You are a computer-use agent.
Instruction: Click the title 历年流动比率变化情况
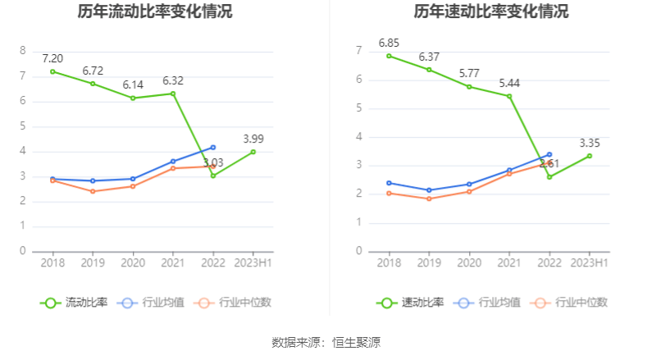click(155, 12)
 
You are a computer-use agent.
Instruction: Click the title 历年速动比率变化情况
click(490, 12)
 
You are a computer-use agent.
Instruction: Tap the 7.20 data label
click(52, 57)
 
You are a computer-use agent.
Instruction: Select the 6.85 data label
click(389, 43)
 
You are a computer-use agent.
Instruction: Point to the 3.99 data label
click(253, 139)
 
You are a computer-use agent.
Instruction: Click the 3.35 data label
click(590, 143)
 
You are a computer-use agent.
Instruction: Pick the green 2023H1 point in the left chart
click(253, 152)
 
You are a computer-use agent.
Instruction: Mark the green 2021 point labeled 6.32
click(173, 93)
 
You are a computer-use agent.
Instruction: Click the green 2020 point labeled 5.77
click(469, 86)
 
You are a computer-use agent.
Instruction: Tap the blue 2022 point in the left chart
click(213, 148)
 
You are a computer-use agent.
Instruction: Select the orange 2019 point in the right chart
click(429, 198)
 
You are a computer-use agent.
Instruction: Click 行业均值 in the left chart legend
click(151, 303)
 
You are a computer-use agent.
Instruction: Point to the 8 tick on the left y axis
click(23, 51)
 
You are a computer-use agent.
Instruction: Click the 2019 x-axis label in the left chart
click(93, 263)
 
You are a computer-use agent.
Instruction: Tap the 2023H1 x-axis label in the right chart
click(590, 263)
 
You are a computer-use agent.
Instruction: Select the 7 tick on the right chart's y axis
click(359, 51)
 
